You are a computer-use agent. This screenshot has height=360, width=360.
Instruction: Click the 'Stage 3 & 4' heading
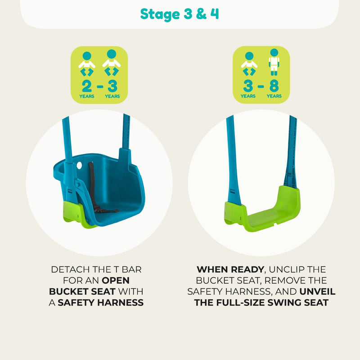[179, 14]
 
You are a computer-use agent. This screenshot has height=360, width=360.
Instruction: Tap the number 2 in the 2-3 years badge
[87, 86]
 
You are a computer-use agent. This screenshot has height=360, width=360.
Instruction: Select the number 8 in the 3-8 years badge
[274, 86]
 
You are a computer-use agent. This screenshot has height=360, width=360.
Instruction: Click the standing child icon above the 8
[274, 62]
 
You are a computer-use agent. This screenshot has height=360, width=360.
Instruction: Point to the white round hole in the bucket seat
[80, 165]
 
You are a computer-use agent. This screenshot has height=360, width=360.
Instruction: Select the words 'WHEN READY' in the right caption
[230, 270]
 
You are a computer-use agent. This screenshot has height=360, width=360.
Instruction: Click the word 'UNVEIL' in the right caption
[317, 292]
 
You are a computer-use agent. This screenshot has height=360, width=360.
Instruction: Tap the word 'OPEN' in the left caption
[116, 280]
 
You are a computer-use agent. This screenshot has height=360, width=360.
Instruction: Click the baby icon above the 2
[87, 64]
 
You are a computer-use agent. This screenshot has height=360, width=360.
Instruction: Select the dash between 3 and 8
[261, 86]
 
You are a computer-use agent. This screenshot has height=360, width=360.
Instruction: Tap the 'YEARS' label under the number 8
[274, 96]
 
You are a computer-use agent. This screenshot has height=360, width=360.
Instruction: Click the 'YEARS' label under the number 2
[87, 96]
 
